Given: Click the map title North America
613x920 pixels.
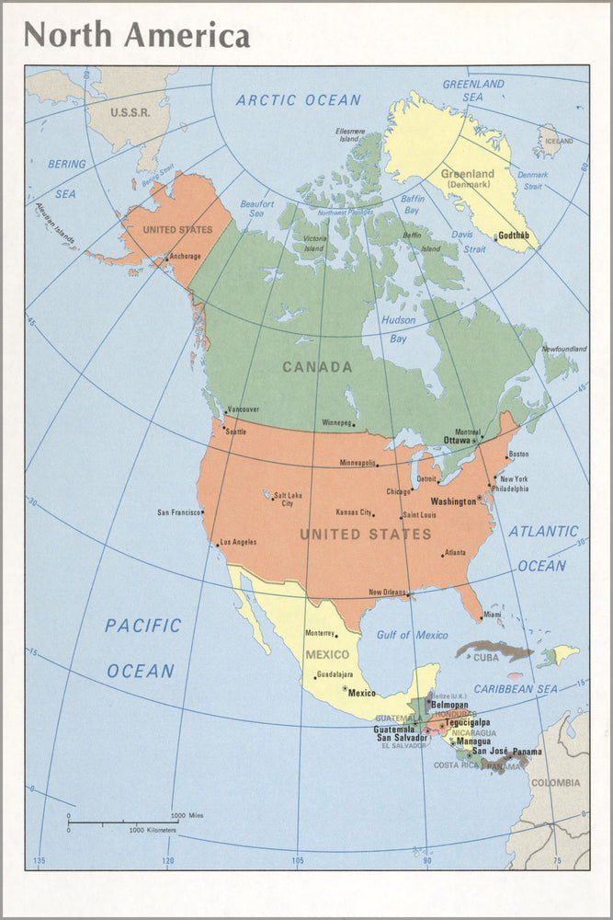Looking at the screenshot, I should (x=137, y=35).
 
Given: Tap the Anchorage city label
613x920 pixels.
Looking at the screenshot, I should (x=185, y=257).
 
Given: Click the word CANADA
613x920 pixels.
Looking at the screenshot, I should (x=317, y=367).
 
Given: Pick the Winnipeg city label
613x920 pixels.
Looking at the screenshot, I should (x=337, y=423).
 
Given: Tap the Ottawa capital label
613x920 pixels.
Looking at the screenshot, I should (x=457, y=440).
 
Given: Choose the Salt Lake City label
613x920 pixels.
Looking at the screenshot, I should (x=288, y=500).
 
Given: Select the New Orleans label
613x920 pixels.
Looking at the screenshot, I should (x=387, y=592).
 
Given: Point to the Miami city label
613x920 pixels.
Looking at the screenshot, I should (x=494, y=615).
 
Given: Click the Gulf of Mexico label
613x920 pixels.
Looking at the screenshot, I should (x=413, y=636).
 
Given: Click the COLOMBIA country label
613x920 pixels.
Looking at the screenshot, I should (x=556, y=783).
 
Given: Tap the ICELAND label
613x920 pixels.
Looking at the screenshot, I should (x=559, y=141).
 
